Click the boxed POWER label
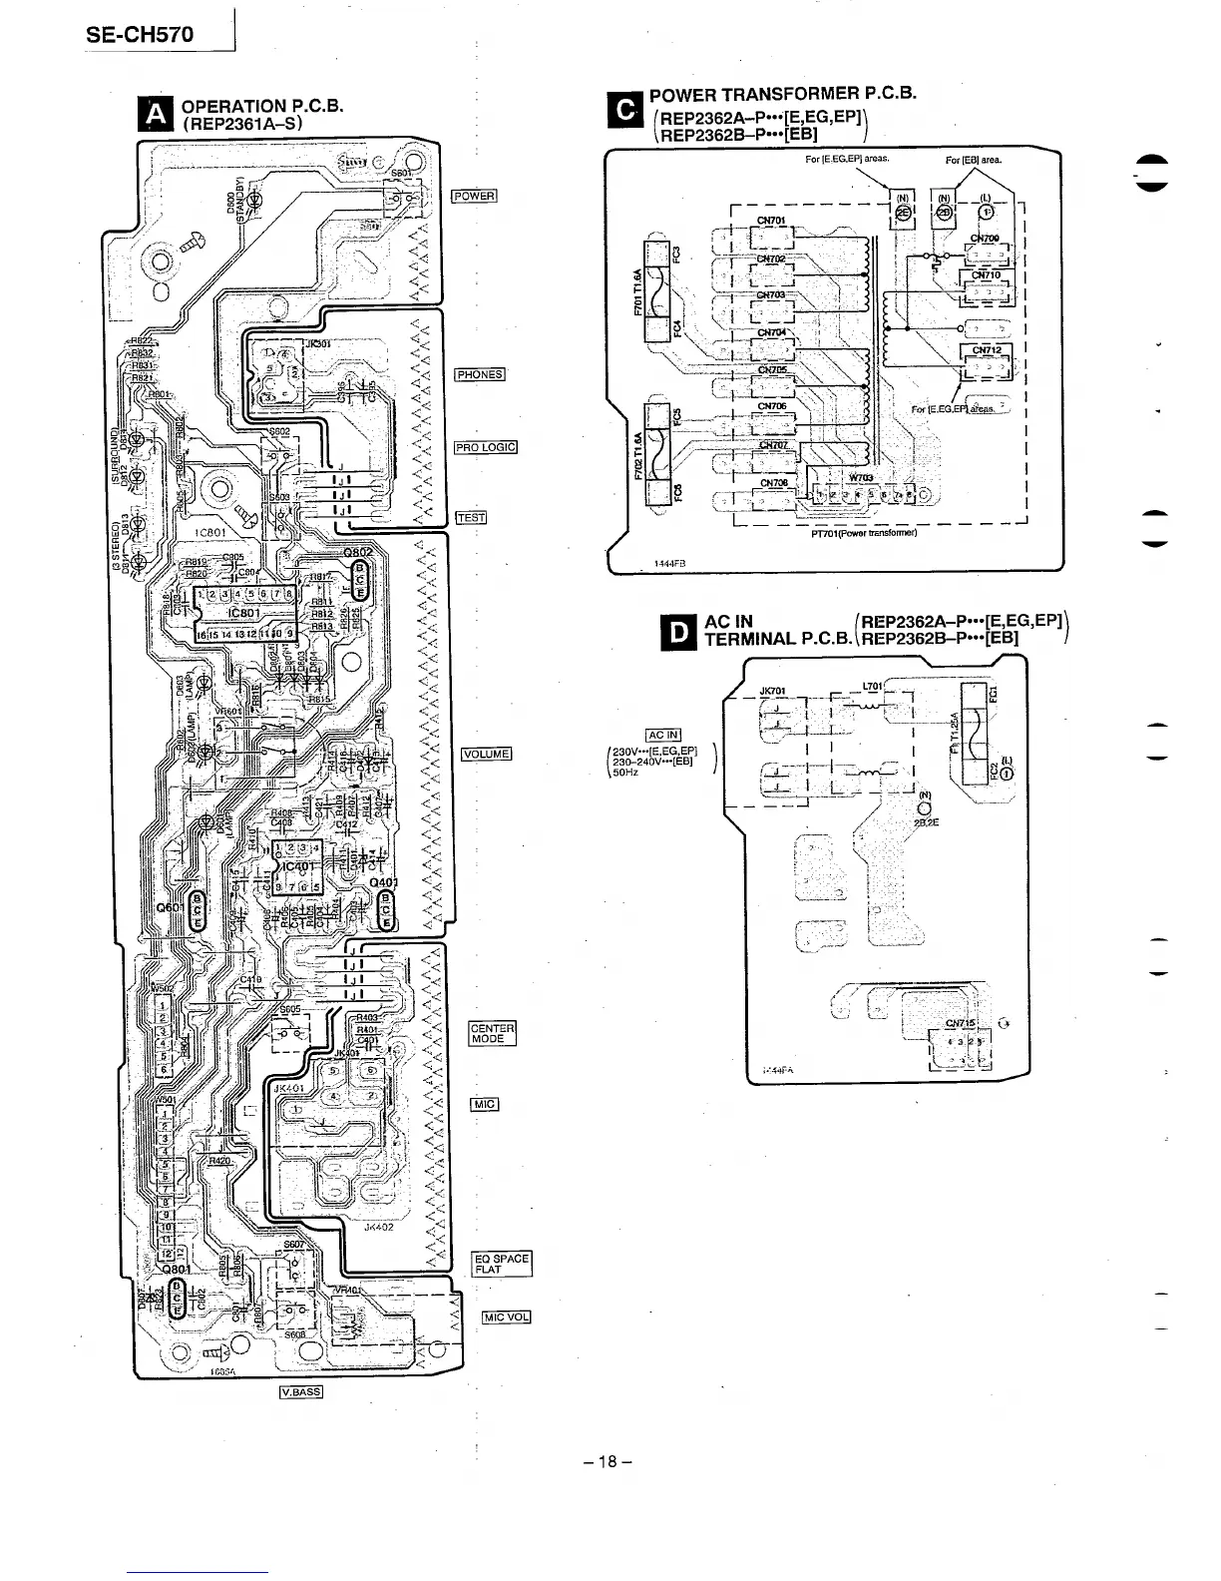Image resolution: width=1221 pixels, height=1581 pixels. (474, 196)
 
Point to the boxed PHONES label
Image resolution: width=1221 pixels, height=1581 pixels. (481, 375)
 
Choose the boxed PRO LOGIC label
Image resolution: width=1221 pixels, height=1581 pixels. (486, 447)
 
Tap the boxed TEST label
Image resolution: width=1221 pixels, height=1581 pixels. (470, 517)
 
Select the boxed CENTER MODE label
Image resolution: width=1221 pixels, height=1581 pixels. (493, 1033)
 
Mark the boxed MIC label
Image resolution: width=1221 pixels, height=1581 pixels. (484, 1104)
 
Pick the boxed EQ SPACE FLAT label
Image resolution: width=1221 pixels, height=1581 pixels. (502, 1265)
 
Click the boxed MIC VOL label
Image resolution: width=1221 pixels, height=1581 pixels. (506, 1316)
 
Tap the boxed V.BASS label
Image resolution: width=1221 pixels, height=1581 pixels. (301, 1392)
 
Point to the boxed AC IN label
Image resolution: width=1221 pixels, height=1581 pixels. (663, 737)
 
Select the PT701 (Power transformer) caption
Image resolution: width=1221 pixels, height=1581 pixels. (864, 533)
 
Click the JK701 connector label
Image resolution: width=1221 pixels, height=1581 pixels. (773, 690)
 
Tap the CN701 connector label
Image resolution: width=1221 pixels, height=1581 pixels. (772, 222)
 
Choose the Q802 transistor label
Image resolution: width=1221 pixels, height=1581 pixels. (358, 552)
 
